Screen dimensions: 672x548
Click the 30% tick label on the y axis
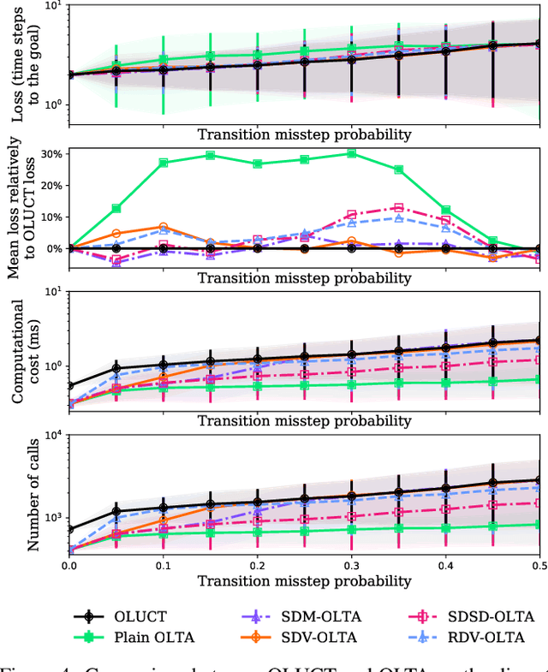tap(50, 154)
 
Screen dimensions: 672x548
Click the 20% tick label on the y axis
tap(50, 186)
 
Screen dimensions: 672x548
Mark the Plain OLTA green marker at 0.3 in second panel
tap(351, 153)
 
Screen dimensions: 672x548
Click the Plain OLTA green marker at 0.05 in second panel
tap(116, 208)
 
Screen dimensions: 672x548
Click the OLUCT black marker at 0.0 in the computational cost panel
tap(70, 386)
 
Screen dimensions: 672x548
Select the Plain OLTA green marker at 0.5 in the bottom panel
tap(538, 524)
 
